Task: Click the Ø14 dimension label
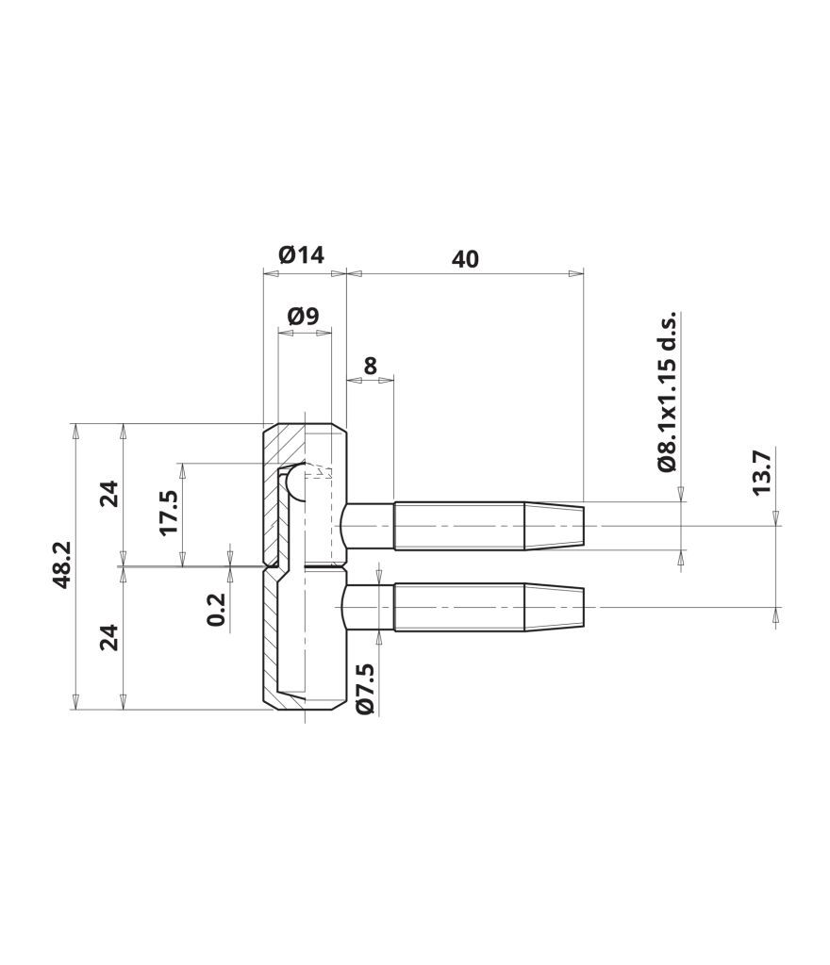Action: pyautogui.click(x=301, y=254)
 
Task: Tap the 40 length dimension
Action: pyautogui.click(x=465, y=260)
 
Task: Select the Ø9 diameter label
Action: pyautogui.click(x=303, y=317)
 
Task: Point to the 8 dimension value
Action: pyautogui.click(x=370, y=367)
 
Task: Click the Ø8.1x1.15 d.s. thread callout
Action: pyautogui.click(x=667, y=391)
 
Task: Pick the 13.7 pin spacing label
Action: pyautogui.click(x=761, y=473)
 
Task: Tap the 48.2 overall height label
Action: pyautogui.click(x=62, y=565)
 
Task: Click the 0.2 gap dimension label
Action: pyautogui.click(x=217, y=610)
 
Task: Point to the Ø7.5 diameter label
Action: pyautogui.click(x=364, y=689)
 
